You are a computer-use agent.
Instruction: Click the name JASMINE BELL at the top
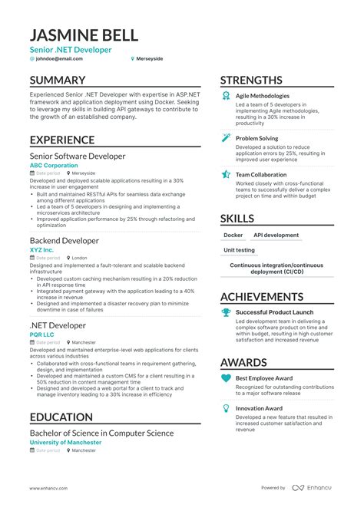pyautogui.click(x=84, y=35)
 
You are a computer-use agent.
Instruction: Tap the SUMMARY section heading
pyautogui.click(x=58, y=80)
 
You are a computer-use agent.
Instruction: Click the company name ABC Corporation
pyautogui.click(x=54, y=166)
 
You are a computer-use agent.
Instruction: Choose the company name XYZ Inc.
pyautogui.click(x=41, y=250)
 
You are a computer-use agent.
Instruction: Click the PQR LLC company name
pyautogui.click(x=43, y=334)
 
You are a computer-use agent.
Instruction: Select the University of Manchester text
pyautogui.click(x=65, y=443)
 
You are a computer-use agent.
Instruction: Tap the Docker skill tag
pyautogui.click(x=233, y=236)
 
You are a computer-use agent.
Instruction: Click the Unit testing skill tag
pyautogui.click(x=239, y=250)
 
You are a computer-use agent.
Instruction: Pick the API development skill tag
pyautogui.click(x=276, y=236)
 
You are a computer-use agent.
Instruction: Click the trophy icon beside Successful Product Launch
pyautogui.click(x=226, y=313)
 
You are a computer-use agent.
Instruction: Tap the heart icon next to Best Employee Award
pyautogui.click(x=226, y=378)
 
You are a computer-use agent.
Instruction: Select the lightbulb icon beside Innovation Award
pyautogui.click(x=226, y=408)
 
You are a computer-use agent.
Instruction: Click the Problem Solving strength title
pyautogui.click(x=256, y=139)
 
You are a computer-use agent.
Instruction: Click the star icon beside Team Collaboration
pyautogui.click(x=226, y=175)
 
